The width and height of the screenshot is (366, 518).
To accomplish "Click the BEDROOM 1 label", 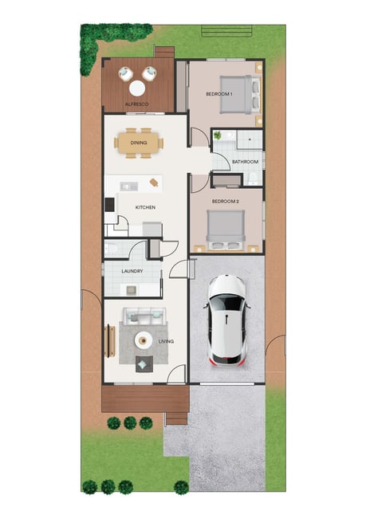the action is pos(218,94).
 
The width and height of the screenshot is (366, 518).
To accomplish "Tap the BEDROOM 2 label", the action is pos(225,201).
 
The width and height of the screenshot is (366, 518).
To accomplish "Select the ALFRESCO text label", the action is pos(137,104).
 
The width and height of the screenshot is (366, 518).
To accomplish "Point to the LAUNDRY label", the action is pos(132,271).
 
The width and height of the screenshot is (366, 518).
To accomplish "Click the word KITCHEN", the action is pos(145,207).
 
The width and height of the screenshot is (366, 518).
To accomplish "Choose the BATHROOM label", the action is pos(245,162).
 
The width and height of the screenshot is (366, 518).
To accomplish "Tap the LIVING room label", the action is pos(166,341).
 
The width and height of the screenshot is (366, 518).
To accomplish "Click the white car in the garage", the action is pos(227,320).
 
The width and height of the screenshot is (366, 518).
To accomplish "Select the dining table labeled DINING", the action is pos(139,143).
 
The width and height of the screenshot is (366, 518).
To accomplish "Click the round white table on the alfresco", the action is pos(137,88).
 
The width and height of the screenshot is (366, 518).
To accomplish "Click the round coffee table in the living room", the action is pos(144,340).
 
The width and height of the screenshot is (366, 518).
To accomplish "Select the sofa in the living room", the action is pos(144,316).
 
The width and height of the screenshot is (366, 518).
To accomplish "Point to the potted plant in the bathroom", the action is pos(218,135).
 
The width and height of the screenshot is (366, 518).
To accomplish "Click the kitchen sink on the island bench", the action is pos(129,186).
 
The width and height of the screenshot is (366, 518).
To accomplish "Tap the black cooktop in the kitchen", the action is pos(110,205).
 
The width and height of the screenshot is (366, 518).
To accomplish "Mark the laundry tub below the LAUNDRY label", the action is pos(132,290).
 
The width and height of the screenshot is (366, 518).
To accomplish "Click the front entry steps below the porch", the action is pos(176,418).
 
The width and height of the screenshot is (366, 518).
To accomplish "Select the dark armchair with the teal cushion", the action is pos(144,364).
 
